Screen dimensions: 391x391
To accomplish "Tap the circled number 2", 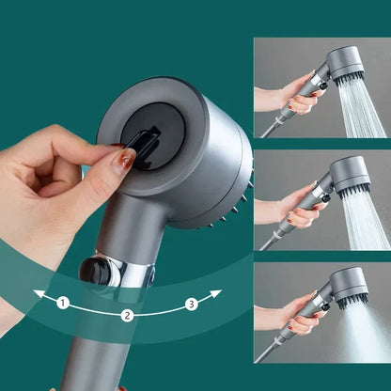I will click(126, 316).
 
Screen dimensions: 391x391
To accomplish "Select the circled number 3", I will click(191, 303).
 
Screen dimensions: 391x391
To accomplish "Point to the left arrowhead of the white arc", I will click(38, 294).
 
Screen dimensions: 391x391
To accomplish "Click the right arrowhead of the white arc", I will click(216, 294).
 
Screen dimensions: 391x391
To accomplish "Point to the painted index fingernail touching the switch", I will click(123, 160).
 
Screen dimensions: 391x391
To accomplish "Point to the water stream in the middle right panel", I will click(362, 221).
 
